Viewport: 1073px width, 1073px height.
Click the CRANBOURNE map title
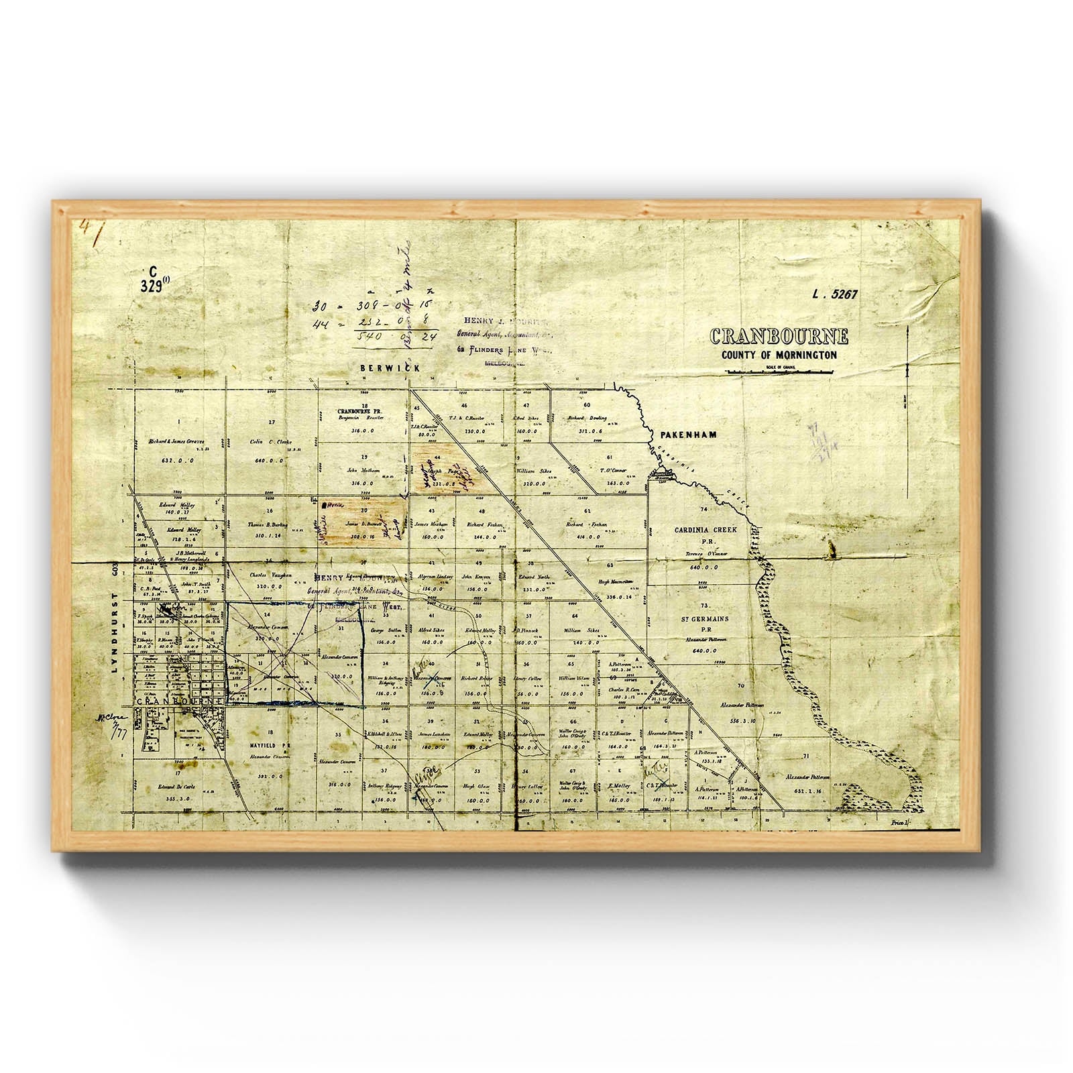click(x=779, y=336)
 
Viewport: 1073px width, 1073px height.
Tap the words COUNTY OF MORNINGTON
click(x=779, y=355)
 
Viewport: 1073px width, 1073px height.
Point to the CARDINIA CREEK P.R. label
click(x=705, y=534)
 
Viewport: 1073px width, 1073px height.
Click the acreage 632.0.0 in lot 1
click(x=178, y=461)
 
